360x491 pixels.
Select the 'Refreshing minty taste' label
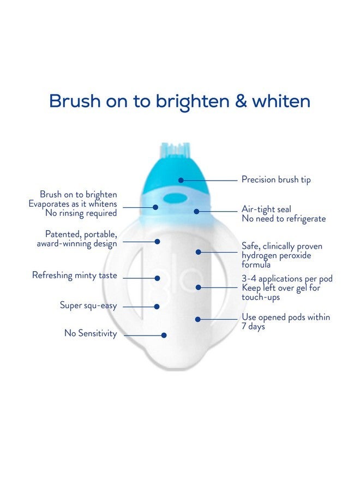75,276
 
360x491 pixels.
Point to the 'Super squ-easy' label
88,306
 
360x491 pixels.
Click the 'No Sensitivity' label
91,333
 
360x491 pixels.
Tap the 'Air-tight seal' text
266,209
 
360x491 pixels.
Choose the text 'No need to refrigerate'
284,219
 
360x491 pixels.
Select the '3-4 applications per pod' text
287,279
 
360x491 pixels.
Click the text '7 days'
254,326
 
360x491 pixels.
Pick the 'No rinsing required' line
82,213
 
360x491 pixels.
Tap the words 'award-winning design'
77,243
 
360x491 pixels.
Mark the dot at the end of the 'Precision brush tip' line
181,179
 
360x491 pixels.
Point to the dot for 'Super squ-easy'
157,307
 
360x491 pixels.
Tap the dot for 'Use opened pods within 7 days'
198,319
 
